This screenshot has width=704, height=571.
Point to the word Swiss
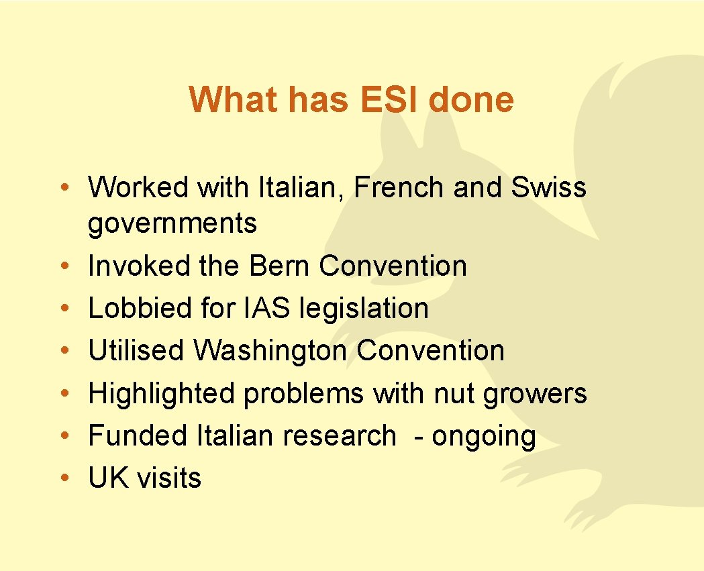tap(548, 188)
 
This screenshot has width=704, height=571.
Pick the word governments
tap(172, 224)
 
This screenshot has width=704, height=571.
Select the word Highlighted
tap(161, 394)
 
